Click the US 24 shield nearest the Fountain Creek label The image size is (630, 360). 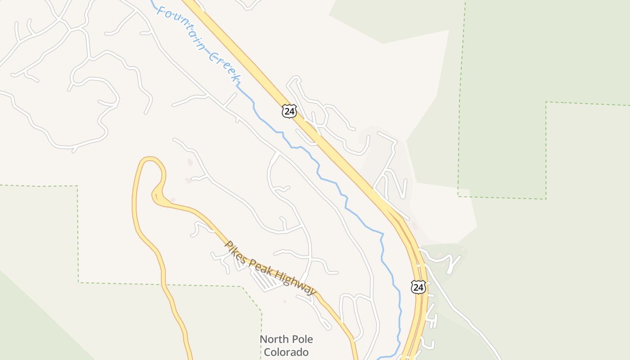pyautogui.click(x=289, y=111)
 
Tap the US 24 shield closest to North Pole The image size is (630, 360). pyautogui.click(x=418, y=287)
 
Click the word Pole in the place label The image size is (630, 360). pyautogui.click(x=301, y=340)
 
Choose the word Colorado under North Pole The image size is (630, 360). pyautogui.click(x=286, y=352)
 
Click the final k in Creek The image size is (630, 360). pyautogui.click(x=235, y=79)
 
